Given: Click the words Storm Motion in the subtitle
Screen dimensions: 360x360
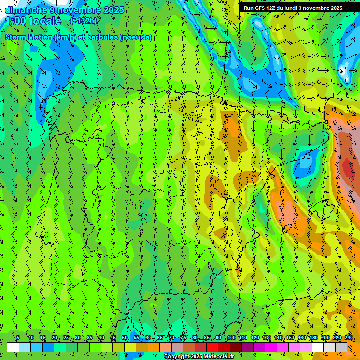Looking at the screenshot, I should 29,37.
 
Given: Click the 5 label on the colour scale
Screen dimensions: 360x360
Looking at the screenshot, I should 18,337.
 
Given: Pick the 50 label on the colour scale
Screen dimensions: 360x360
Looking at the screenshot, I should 124,337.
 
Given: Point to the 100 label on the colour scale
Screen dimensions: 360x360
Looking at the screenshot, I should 231,337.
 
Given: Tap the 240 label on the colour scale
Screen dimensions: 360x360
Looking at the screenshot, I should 349,337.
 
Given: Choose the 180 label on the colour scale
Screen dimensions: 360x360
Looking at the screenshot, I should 313,337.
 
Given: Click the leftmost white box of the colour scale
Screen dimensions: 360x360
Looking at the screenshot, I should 13,347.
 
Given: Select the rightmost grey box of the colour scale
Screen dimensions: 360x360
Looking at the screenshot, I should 341,347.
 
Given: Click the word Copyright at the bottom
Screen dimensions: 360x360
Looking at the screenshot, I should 177,357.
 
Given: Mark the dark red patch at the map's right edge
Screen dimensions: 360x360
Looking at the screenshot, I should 348,167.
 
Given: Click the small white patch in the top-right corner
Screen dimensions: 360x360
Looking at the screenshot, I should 345,71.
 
